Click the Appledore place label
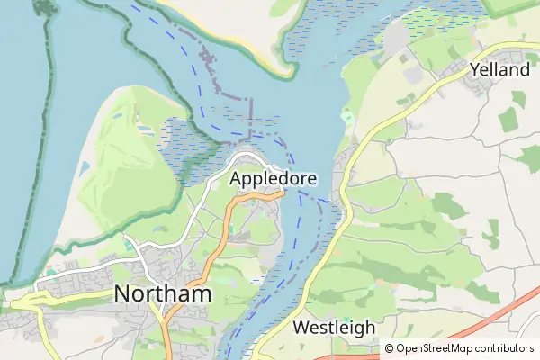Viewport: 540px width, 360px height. coord(273,179)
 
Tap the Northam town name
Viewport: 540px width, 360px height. coord(163,294)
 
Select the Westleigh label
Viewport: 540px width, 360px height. coord(334,327)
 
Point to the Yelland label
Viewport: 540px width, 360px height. coord(499,70)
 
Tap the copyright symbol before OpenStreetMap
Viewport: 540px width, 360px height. coord(389,348)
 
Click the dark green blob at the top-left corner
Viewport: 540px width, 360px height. coord(41,9)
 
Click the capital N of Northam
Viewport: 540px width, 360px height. coord(124,294)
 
